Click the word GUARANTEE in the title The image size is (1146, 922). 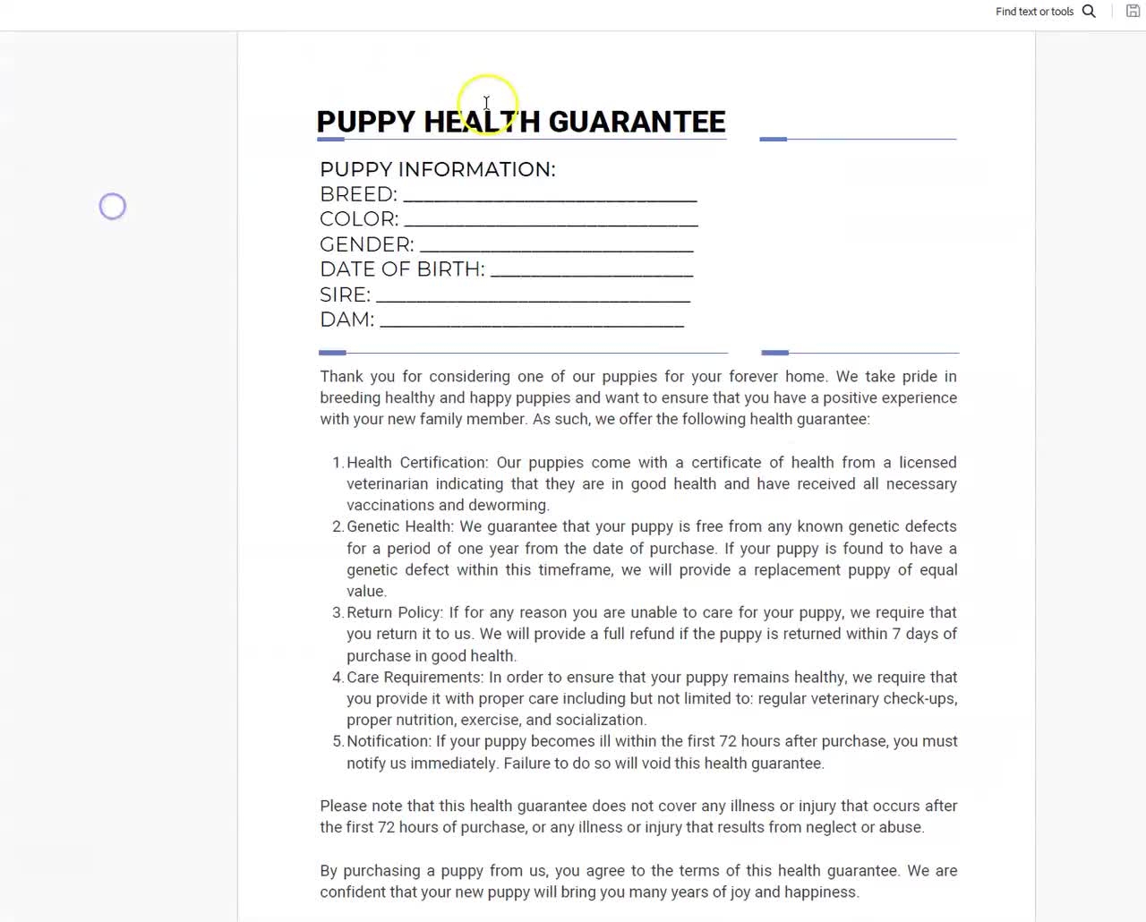click(637, 122)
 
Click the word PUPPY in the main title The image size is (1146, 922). click(365, 122)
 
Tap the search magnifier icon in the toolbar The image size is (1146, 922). click(1089, 12)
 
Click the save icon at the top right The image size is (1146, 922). click(1133, 12)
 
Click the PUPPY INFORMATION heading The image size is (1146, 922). click(438, 169)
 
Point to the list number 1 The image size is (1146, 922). click(337, 463)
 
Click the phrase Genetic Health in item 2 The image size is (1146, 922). click(398, 526)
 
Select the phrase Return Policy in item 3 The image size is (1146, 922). click(393, 612)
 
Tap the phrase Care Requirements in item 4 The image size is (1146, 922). click(414, 678)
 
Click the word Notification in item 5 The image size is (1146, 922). click(388, 741)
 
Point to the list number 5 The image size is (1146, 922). click(337, 741)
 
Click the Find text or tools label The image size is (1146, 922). click(1034, 12)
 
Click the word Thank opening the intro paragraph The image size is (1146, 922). click(341, 377)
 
